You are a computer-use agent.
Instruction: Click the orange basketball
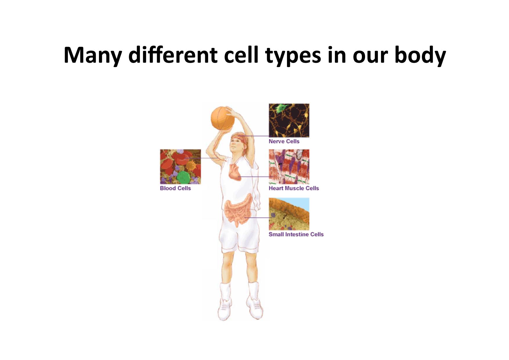tap(223, 118)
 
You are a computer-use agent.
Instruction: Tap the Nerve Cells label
tap(284, 141)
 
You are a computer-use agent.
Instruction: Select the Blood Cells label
tap(175, 188)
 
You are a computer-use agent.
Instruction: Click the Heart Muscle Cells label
tap(294, 188)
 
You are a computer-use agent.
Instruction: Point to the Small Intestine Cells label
tap(296, 234)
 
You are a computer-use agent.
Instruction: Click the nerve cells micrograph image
tap(289, 120)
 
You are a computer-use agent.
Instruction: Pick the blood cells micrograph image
tap(181, 167)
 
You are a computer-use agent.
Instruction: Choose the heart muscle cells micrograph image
tap(289, 167)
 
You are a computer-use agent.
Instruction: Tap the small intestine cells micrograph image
tap(289, 214)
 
